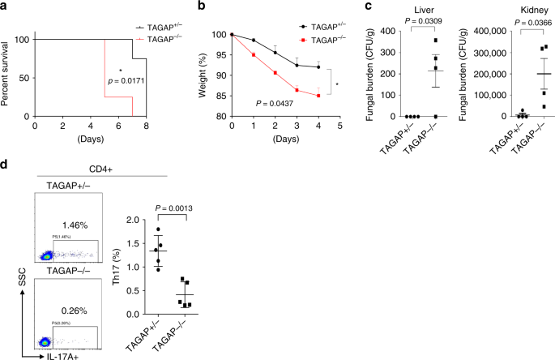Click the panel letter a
coord(5,6)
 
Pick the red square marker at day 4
coord(318,95)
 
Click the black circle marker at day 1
coord(254,40)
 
